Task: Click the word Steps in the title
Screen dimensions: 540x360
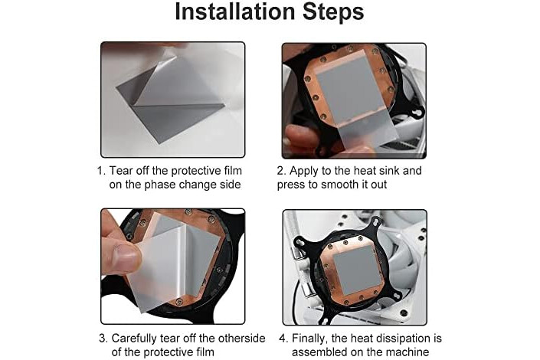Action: (333, 11)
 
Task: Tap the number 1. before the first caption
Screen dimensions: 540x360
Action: (101, 171)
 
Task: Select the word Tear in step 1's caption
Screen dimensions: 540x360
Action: (120, 171)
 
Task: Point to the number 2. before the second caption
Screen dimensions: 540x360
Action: (281, 171)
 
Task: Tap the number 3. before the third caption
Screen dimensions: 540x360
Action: (103, 339)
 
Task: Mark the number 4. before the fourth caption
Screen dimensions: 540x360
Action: (283, 339)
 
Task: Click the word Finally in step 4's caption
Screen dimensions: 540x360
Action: (309, 339)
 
